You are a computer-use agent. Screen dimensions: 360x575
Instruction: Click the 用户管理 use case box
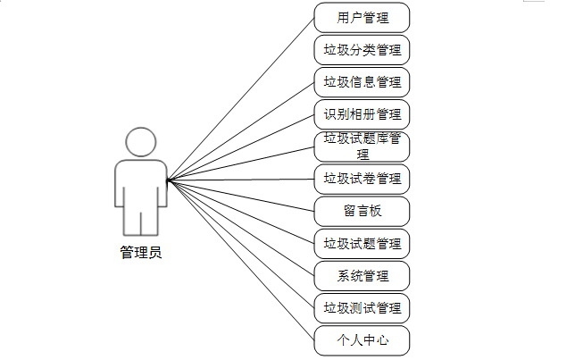point(362,18)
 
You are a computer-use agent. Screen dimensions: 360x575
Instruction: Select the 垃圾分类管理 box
point(362,50)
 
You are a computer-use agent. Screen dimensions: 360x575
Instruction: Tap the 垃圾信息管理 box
point(362,82)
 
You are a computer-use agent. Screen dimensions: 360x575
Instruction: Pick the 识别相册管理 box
point(362,114)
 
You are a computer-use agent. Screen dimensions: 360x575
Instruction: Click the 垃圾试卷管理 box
point(362,179)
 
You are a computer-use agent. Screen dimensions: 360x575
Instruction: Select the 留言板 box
point(362,211)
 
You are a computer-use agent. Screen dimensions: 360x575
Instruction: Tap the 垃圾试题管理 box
point(362,243)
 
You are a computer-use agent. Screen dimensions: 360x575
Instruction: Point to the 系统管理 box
point(362,275)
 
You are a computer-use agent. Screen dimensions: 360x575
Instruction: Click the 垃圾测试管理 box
point(362,308)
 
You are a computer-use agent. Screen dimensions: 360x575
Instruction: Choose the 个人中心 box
point(362,340)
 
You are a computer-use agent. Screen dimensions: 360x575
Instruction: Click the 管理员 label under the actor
point(141,253)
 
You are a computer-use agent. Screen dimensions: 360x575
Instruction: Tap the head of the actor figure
point(141,142)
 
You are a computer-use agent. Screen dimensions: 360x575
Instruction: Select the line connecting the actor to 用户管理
point(241,98)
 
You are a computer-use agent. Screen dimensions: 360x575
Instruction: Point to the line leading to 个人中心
point(241,260)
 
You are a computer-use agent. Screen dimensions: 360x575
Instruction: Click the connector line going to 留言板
point(241,196)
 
